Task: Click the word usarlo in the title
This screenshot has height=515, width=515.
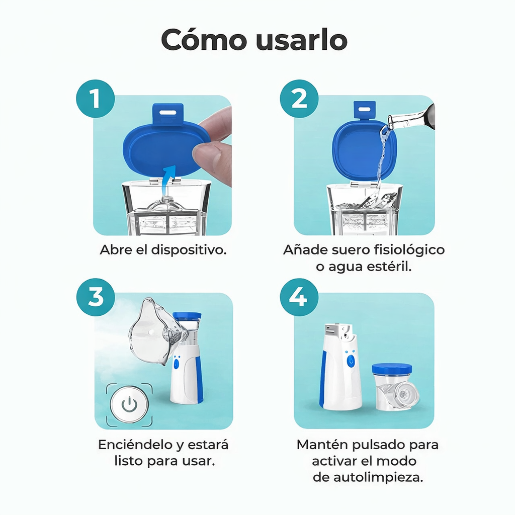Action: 301,40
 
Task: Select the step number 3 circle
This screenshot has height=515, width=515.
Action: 96,297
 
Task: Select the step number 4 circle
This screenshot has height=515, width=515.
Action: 299,298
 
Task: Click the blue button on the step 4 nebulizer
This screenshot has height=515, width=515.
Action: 351,360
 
